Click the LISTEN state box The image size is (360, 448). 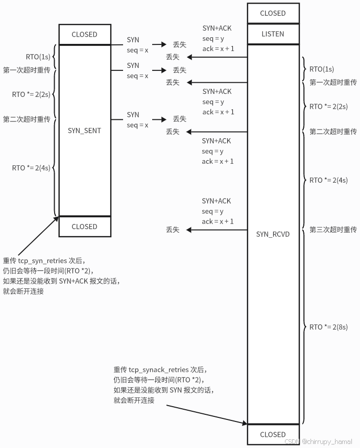click(272, 34)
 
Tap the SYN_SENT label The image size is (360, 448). click(84, 131)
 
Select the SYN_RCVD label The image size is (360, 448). click(273, 234)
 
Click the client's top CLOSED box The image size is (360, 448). click(84, 35)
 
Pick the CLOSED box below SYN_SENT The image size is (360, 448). click(84, 227)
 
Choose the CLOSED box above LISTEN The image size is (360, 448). click(273, 13)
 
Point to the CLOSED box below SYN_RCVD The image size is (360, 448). click(273, 434)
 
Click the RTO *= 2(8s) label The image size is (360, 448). click(328, 327)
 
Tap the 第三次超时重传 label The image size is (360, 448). click(333, 230)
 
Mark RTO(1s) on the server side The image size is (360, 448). click(322, 69)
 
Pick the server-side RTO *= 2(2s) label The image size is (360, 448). click(328, 107)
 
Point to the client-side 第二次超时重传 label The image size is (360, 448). click(27, 119)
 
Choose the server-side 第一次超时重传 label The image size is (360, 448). click(333, 82)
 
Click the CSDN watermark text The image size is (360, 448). click(318, 441)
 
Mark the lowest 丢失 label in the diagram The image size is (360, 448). click(173, 230)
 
